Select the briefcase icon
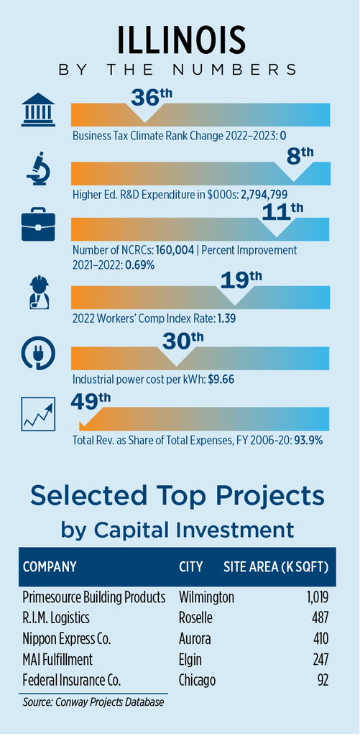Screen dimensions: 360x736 [38, 227]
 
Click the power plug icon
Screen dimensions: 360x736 [39, 354]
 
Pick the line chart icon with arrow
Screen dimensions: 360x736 [38, 414]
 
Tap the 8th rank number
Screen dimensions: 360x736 [300, 156]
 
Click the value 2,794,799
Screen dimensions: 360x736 [264, 194]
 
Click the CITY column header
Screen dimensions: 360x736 [190, 566]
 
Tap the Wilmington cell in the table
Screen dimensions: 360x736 [206, 597]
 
